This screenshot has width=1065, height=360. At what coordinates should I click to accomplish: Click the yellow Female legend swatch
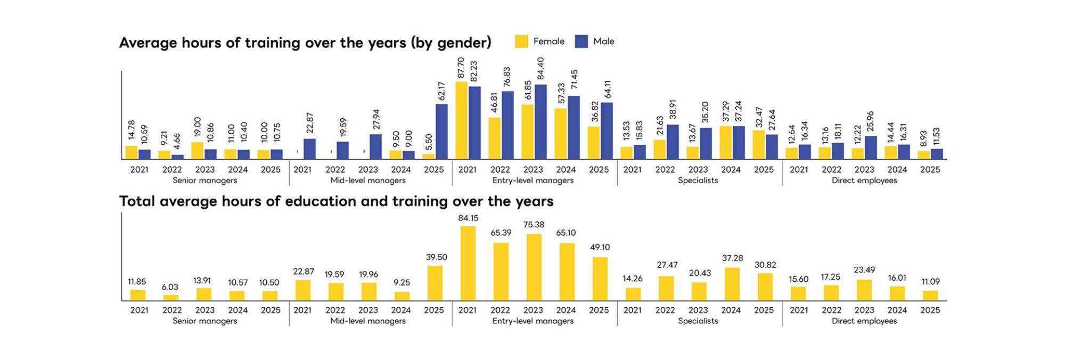(x=522, y=42)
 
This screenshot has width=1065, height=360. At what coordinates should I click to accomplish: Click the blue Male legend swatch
(x=581, y=42)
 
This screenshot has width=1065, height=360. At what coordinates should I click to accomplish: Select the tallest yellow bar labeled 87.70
(x=462, y=120)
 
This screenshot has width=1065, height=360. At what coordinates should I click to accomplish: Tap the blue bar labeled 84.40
(x=540, y=122)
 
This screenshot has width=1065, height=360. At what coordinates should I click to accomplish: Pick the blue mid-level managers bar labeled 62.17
(x=441, y=132)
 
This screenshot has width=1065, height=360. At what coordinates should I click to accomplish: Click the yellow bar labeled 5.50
(x=429, y=157)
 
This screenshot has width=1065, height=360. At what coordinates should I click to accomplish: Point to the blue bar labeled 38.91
(x=673, y=142)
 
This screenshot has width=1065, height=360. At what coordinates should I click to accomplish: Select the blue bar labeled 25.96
(x=871, y=148)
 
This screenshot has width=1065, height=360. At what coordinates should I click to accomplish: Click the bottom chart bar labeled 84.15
(x=468, y=264)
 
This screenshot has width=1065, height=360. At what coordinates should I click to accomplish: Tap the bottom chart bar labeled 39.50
(x=435, y=283)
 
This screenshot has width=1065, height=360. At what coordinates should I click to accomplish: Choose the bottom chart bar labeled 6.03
(x=171, y=298)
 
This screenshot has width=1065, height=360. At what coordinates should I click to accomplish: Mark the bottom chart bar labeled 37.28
(x=732, y=284)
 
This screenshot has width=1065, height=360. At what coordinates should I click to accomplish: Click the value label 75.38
(x=534, y=225)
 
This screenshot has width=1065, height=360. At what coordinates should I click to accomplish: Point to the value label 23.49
(x=864, y=270)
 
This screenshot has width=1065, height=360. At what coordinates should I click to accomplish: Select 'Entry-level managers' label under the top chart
(x=533, y=181)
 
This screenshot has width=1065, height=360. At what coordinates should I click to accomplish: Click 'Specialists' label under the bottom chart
(x=698, y=321)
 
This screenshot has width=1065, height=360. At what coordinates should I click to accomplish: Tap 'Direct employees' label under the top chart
(x=864, y=181)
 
